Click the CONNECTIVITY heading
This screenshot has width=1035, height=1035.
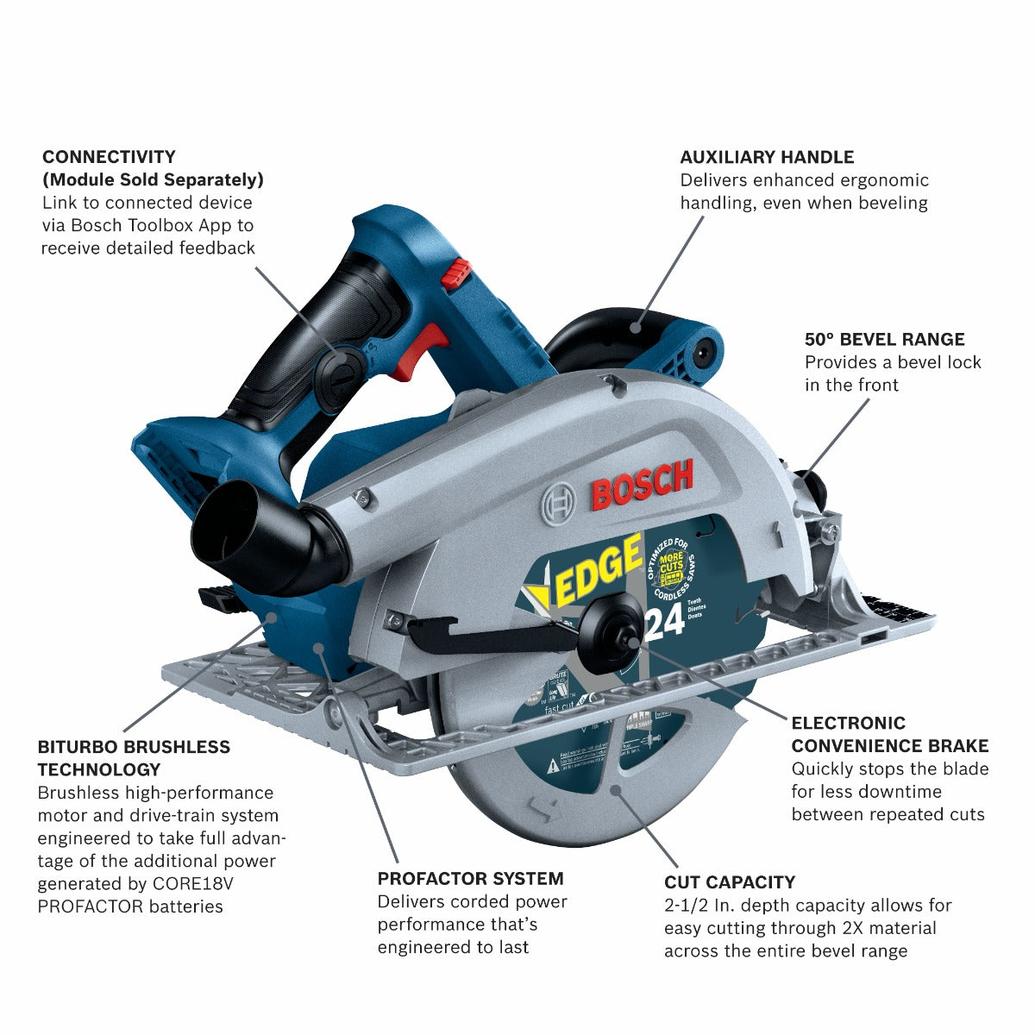(x=109, y=157)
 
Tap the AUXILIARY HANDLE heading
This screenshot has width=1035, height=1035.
(x=767, y=157)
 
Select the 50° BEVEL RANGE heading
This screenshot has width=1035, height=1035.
(x=884, y=339)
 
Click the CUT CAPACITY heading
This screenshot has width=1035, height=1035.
(x=729, y=882)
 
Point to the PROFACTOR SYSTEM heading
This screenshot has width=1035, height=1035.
(x=470, y=879)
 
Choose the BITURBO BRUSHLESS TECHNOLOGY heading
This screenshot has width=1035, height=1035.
(x=134, y=758)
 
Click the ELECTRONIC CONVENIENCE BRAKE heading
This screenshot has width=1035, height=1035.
(x=889, y=734)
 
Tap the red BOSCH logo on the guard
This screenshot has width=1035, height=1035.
(x=642, y=485)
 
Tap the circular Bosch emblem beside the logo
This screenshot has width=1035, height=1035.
(x=558, y=500)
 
